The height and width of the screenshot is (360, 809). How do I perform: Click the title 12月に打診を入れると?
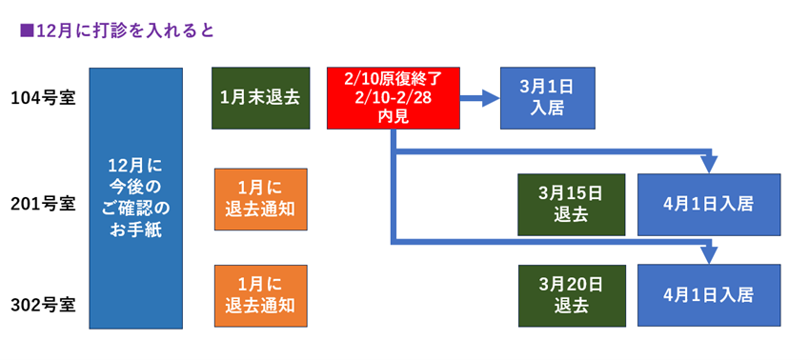(124, 30)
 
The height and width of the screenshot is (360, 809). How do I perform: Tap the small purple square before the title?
(26, 30)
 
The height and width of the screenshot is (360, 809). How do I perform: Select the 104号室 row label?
(43, 97)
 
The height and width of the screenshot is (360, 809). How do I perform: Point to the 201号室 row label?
(43, 204)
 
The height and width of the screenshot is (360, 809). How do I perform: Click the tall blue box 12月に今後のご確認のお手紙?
(135, 198)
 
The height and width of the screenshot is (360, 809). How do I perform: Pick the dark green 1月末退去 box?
(260, 97)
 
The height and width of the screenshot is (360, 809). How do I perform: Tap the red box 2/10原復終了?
(394, 97)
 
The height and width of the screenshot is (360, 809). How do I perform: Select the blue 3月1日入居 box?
(548, 97)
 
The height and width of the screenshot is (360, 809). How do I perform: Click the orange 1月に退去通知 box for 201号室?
(260, 199)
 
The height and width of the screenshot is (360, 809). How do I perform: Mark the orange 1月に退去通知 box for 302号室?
(260, 295)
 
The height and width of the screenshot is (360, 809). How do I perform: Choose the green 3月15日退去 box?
(571, 204)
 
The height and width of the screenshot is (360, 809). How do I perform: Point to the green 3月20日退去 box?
(571, 295)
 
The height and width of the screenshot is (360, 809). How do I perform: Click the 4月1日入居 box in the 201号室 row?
(708, 204)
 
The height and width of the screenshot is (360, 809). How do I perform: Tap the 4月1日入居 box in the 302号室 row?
(708, 295)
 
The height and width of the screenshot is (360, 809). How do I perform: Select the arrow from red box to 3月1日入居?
(480, 97)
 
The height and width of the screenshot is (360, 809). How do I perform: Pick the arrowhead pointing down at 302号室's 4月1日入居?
(708, 254)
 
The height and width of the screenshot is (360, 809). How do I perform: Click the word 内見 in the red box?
(394, 116)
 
